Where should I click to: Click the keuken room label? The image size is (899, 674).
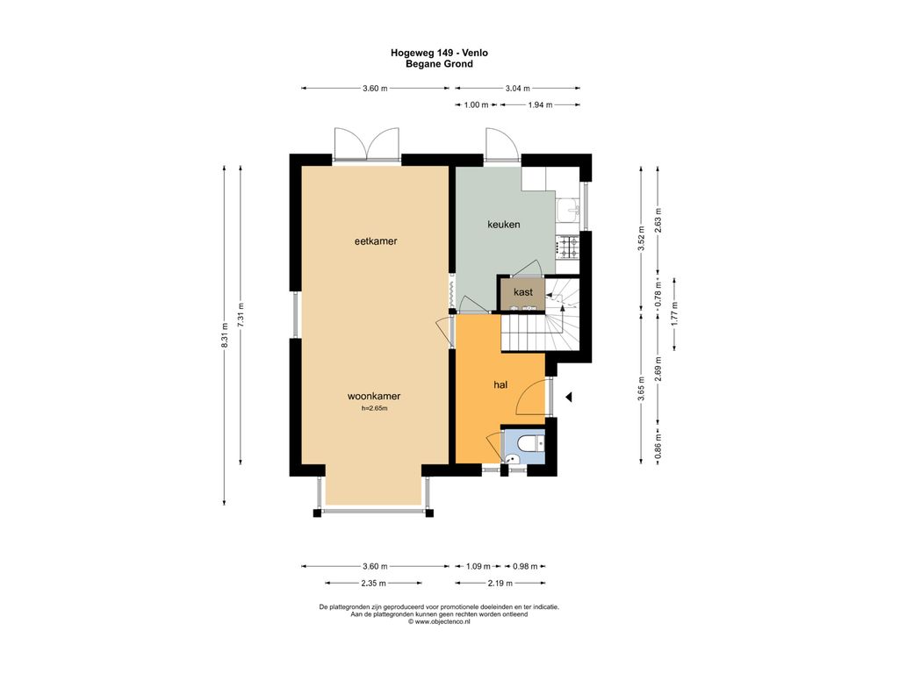click(x=503, y=224)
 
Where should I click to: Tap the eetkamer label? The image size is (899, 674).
click(x=376, y=241)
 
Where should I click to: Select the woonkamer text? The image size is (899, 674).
click(x=374, y=396)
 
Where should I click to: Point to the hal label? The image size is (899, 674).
click(x=500, y=384)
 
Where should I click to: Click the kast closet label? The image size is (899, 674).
click(x=523, y=291)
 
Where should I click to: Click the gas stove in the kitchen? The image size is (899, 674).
click(x=569, y=247)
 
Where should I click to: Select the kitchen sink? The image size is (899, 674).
click(x=569, y=211)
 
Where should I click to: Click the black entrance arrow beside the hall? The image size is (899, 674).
click(x=569, y=397)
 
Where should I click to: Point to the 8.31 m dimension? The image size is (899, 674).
click(x=225, y=335)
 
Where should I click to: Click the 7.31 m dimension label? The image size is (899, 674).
click(x=241, y=315)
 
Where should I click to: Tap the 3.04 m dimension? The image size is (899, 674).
click(x=518, y=89)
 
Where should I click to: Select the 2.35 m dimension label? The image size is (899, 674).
click(x=373, y=583)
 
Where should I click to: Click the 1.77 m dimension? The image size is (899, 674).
click(x=674, y=315)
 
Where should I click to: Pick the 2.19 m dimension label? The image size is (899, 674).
click(x=500, y=583)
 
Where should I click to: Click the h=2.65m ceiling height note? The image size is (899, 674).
click(x=374, y=409)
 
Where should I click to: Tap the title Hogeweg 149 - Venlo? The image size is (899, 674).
click(x=439, y=53)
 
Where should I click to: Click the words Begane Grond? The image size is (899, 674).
click(x=439, y=63)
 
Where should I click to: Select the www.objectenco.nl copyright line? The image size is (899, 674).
click(x=439, y=621)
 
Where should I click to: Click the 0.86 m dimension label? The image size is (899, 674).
click(x=658, y=447)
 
